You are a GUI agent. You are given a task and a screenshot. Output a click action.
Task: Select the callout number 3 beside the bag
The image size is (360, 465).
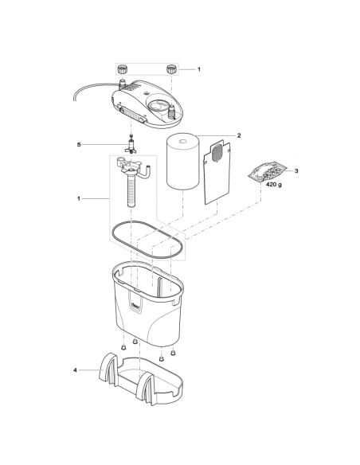pos(296,171)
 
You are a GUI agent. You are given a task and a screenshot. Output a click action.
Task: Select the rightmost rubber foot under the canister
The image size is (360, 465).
pos(173,351)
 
